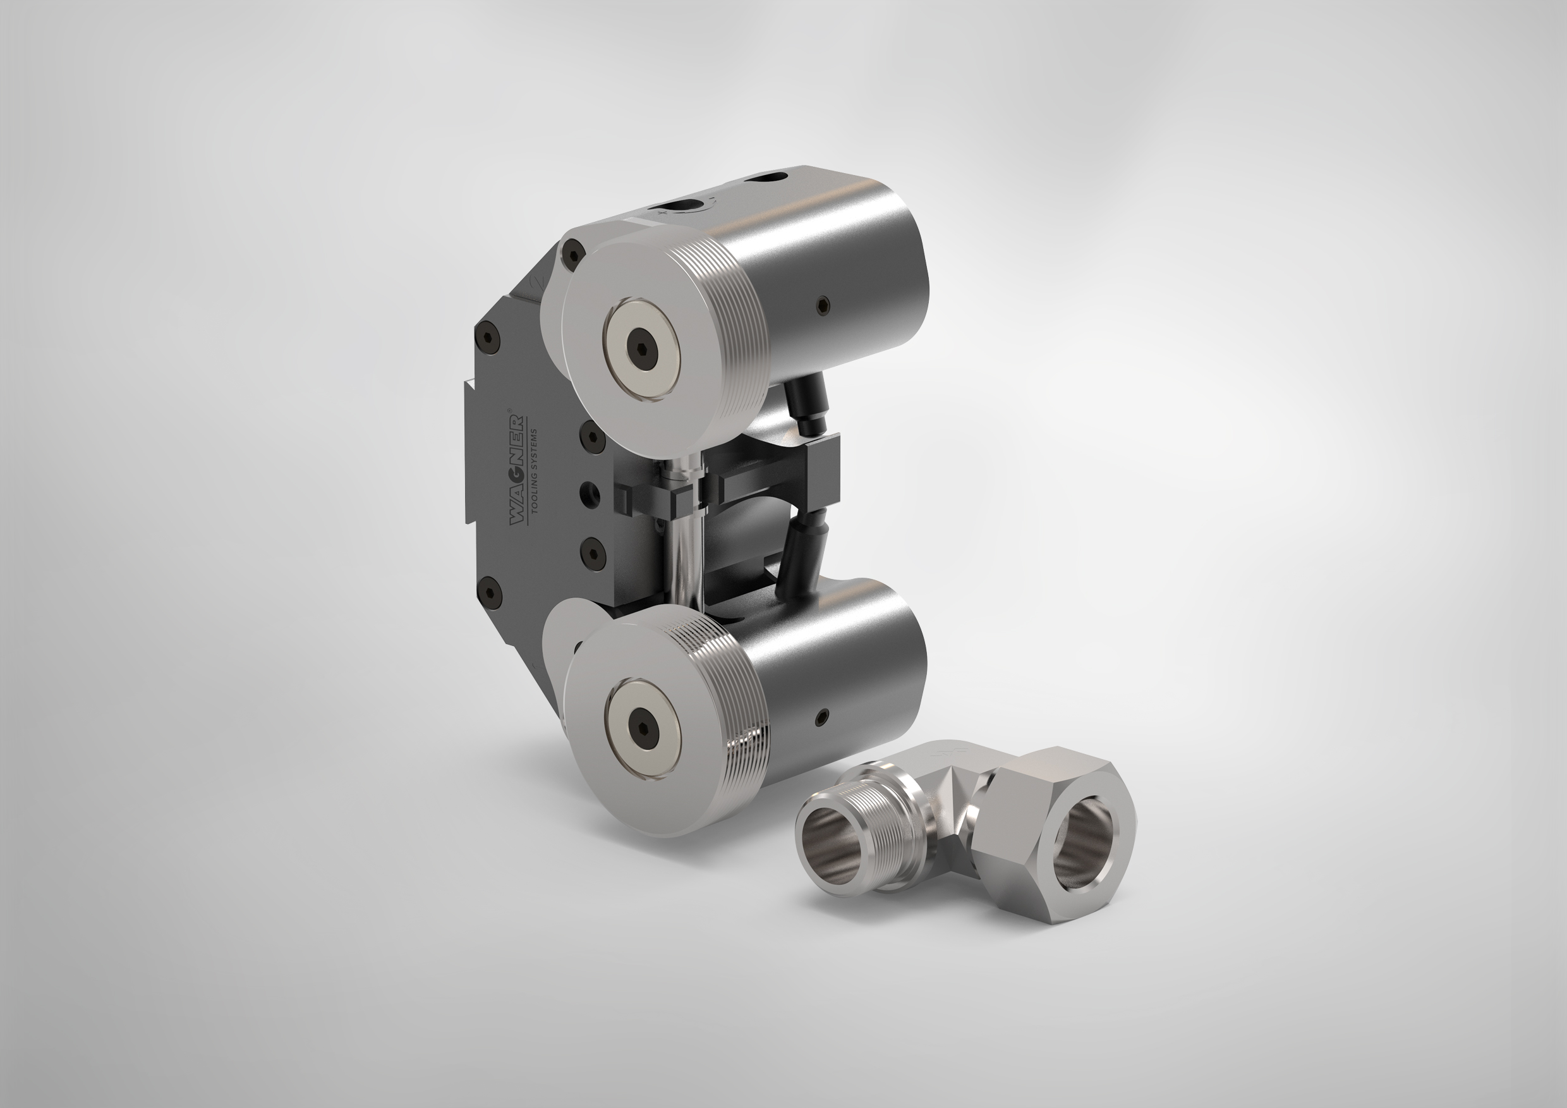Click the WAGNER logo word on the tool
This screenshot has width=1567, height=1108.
(x=517, y=469)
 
